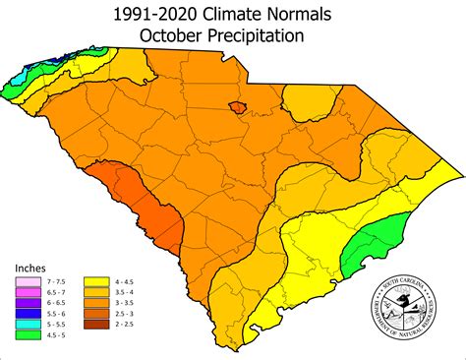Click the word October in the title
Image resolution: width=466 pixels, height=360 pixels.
tap(182, 36)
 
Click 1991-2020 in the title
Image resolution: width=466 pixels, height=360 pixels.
tap(154, 14)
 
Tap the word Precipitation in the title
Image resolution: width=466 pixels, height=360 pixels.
tap(262, 36)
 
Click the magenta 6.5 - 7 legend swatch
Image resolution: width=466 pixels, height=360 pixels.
tap(24, 292)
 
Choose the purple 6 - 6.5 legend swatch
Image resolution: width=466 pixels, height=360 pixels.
tap(24, 304)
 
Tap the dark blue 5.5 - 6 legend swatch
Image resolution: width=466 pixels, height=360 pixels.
tap(24, 316)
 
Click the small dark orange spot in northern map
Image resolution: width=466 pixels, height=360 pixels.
tap(236, 105)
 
